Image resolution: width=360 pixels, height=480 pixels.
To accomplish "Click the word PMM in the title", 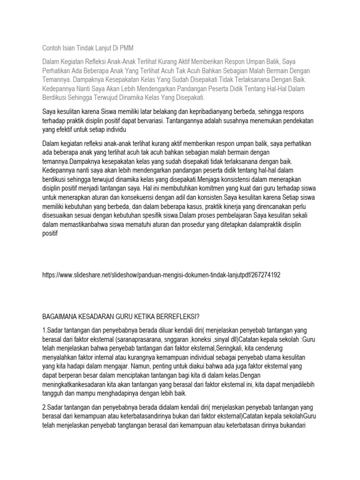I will (x=126, y=48).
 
